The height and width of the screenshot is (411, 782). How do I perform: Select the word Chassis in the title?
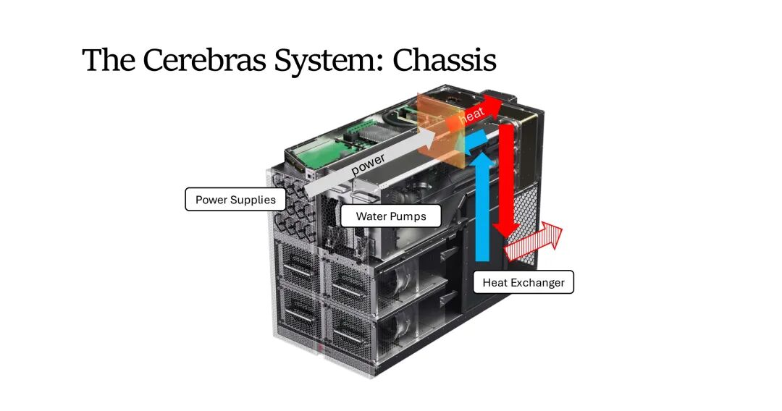445,59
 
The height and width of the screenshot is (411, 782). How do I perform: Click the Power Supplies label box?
235,200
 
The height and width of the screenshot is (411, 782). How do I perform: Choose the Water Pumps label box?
390,216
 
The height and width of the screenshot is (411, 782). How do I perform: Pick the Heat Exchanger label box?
524,282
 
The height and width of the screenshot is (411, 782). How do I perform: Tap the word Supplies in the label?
253,200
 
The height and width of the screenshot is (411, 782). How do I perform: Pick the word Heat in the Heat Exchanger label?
495,282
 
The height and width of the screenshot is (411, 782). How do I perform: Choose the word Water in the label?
372,216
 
